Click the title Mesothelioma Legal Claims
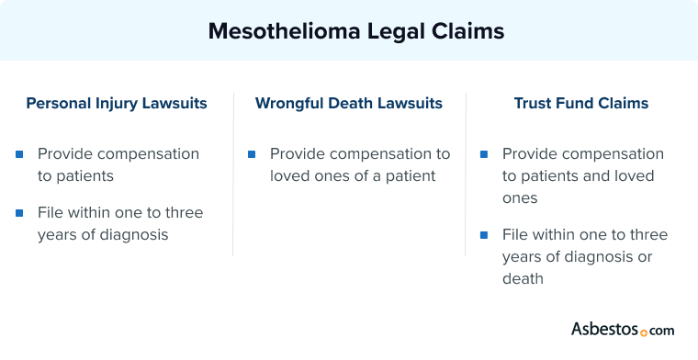[355, 31]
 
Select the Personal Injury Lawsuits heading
[117, 104]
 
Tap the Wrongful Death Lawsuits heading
[349, 104]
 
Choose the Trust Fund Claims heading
[580, 104]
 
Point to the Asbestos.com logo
[623, 329]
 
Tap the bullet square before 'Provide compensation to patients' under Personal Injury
[19, 154]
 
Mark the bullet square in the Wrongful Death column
[252, 154]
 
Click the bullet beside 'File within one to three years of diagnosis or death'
[484, 235]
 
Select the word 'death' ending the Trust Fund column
[523, 278]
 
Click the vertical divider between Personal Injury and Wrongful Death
[232, 174]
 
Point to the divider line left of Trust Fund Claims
[465, 174]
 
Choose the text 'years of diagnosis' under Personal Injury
[103, 234]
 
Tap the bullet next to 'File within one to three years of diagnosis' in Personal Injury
[19, 213]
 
